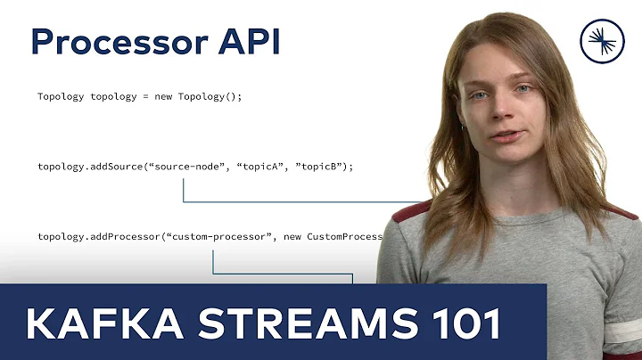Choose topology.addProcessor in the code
point(94,236)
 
